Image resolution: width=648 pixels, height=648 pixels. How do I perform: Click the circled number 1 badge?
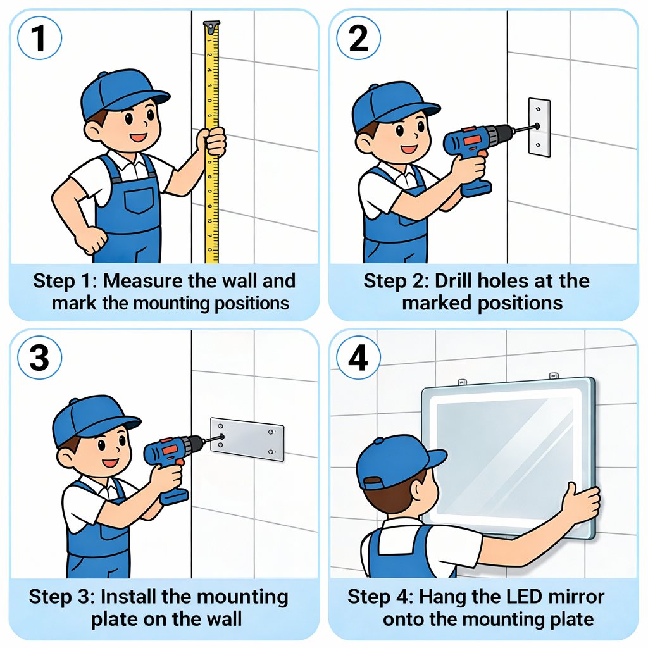point(39,38)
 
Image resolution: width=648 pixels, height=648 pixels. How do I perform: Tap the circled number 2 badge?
point(358,38)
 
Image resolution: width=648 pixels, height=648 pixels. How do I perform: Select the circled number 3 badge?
point(39,358)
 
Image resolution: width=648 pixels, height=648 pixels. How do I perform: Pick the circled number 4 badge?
point(358,358)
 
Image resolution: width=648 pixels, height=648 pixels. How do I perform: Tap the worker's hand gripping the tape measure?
point(211,141)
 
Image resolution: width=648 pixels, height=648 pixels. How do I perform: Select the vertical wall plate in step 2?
point(539,127)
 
